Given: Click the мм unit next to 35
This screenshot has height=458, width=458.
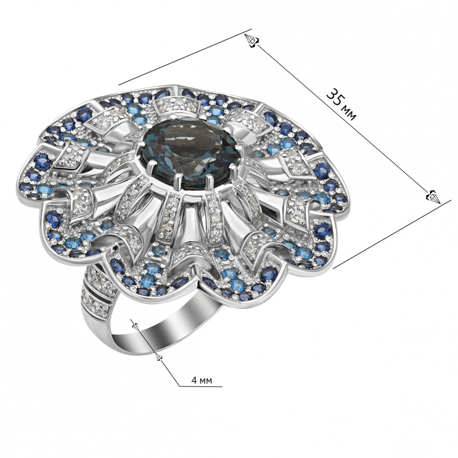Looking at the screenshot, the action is [x=349, y=113].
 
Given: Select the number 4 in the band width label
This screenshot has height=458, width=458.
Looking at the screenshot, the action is [x=194, y=380].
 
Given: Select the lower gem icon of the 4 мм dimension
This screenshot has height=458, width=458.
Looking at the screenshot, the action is [x=159, y=357].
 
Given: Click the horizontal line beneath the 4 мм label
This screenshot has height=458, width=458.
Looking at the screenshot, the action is [x=201, y=386].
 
